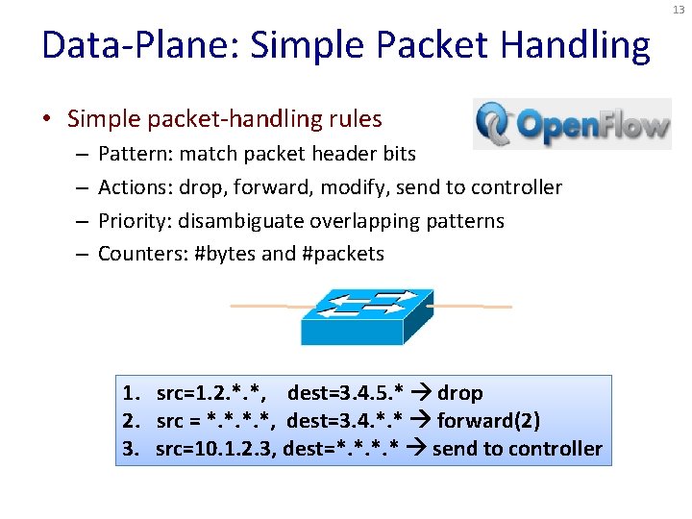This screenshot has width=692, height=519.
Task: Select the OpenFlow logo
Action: pos(572,124)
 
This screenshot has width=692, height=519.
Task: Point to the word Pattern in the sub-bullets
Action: pos(129,154)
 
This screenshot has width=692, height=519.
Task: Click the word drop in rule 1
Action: pos(459,393)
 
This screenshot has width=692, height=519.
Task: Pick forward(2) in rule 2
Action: pos(488,421)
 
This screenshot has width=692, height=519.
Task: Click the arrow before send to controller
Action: pos(419,449)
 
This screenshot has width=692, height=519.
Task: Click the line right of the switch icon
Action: pos(471,307)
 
